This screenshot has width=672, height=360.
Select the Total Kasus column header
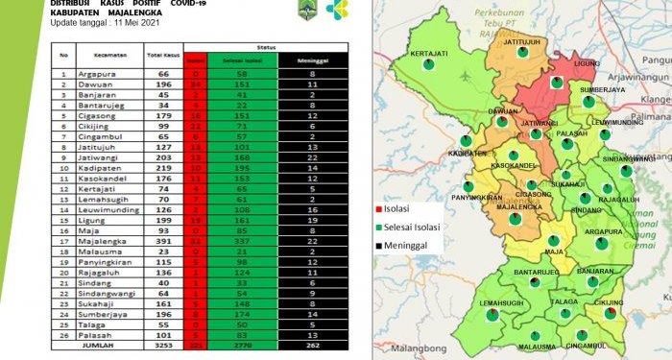159,56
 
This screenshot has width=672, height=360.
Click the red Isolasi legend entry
401,208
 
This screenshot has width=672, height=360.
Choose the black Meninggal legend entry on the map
409,245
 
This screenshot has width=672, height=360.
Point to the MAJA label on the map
553,252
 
